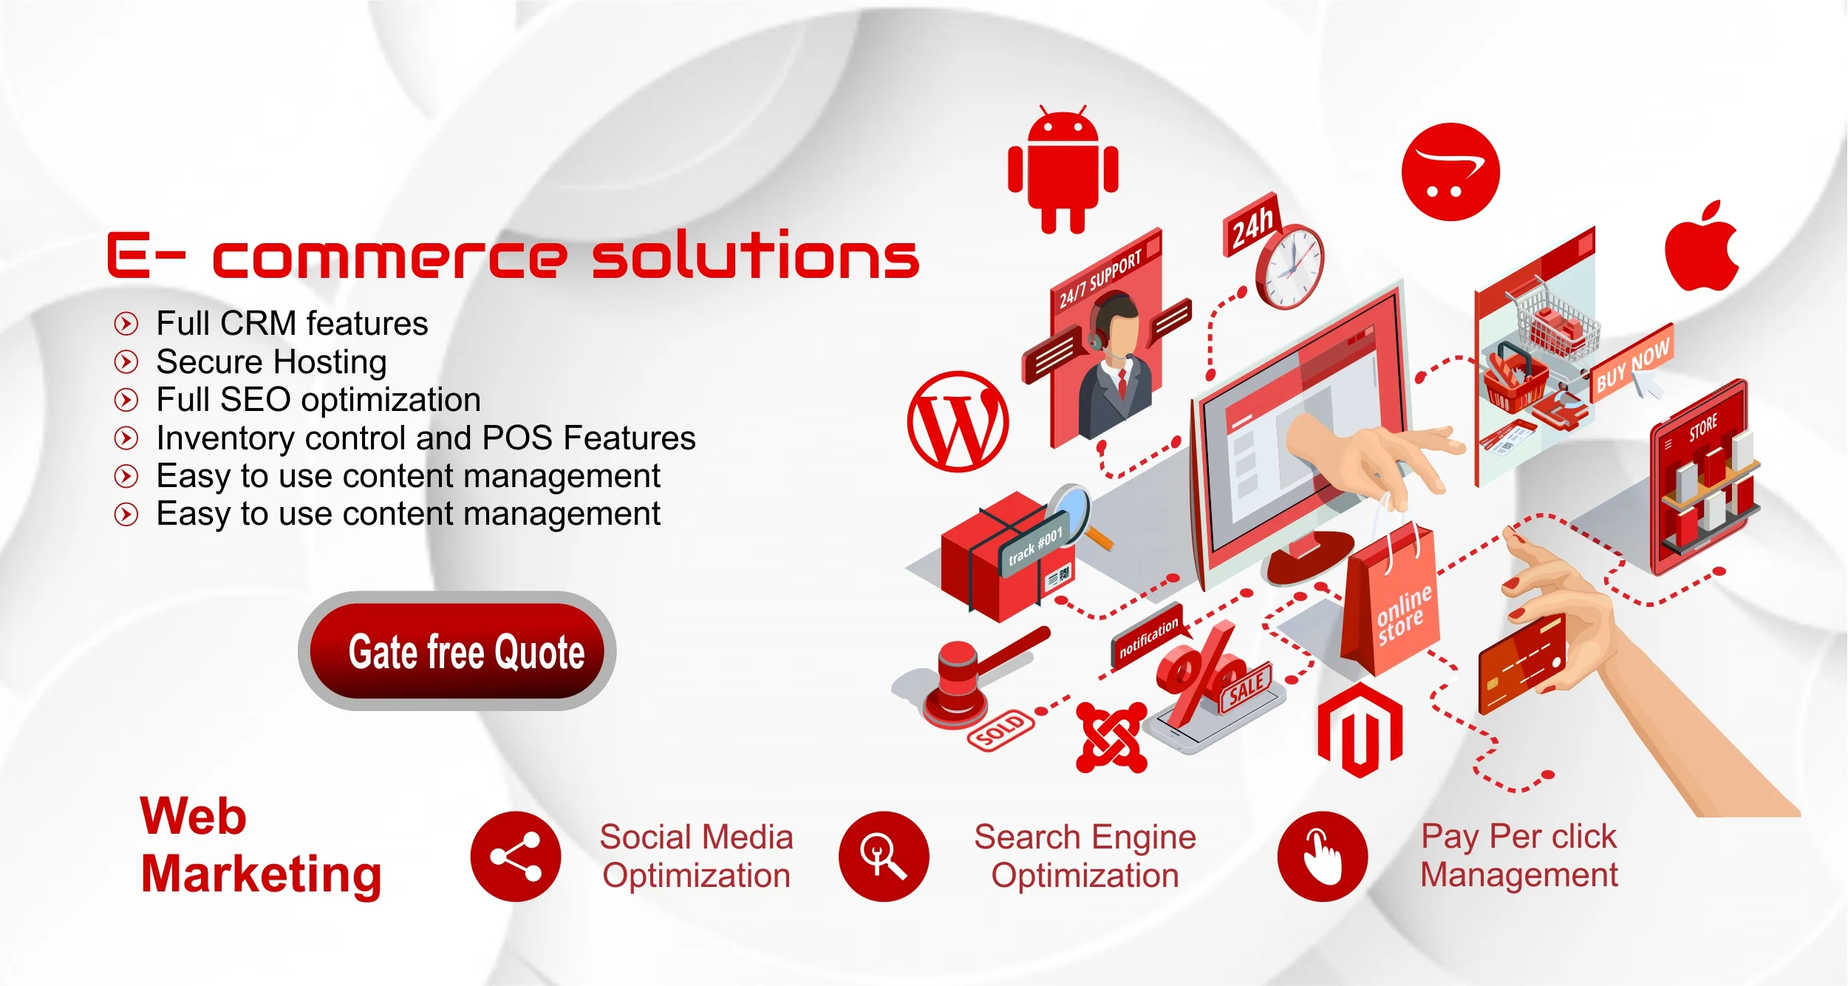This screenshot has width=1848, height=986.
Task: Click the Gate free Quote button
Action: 457,651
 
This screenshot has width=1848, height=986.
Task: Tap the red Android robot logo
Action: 1063,169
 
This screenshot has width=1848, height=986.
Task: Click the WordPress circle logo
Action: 958,421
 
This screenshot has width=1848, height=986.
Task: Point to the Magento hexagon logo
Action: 1360,730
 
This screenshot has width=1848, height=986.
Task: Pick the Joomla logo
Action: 1111,738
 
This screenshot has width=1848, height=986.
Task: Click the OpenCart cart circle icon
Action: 1450,171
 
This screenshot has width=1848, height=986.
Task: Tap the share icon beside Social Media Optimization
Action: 516,857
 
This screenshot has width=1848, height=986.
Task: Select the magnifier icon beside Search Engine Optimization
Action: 884,857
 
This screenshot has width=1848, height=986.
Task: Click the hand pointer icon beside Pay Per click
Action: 1323,857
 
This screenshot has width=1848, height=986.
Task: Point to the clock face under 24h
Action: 1290,267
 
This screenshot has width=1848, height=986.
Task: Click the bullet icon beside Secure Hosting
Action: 126,361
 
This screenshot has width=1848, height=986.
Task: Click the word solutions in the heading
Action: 755,254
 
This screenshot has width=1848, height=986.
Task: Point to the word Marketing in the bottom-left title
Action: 262,875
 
